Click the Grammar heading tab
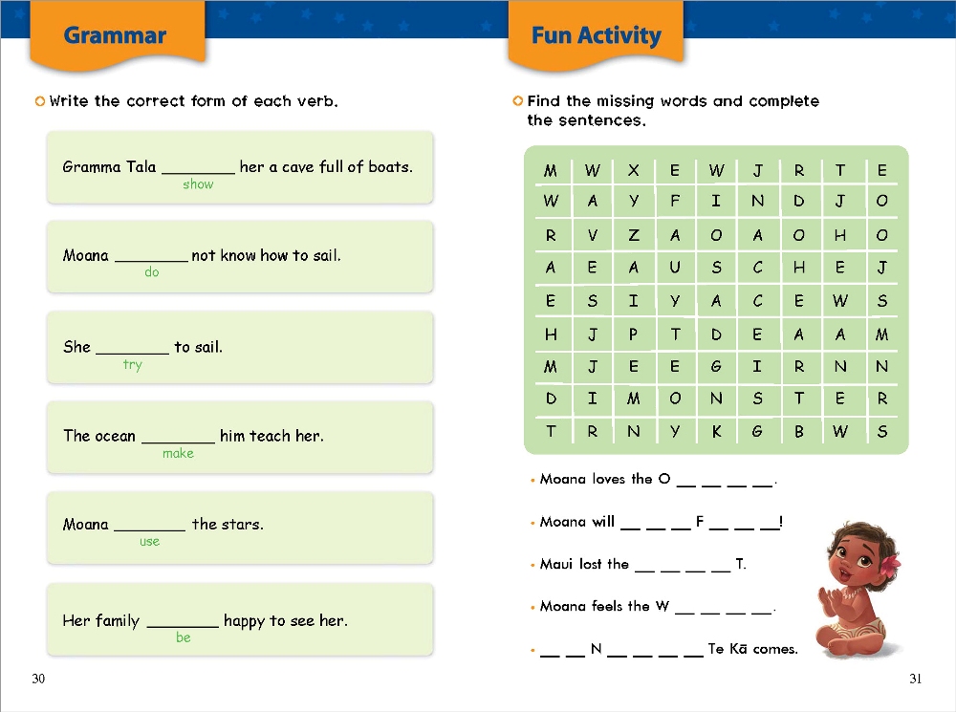[x=115, y=36]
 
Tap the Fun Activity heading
[x=596, y=36]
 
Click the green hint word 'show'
[x=198, y=184]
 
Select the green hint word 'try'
[x=132, y=365]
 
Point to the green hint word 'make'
[x=178, y=454]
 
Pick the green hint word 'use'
[x=150, y=542]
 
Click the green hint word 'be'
[x=183, y=637]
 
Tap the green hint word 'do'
[x=151, y=273]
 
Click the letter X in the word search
[x=633, y=171]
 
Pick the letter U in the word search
[x=675, y=269]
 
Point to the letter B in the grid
[x=799, y=432]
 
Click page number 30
[x=38, y=680]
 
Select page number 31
[x=916, y=680]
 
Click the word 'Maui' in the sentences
[x=555, y=565]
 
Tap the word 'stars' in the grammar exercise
[x=243, y=525]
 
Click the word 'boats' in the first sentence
[x=389, y=167]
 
